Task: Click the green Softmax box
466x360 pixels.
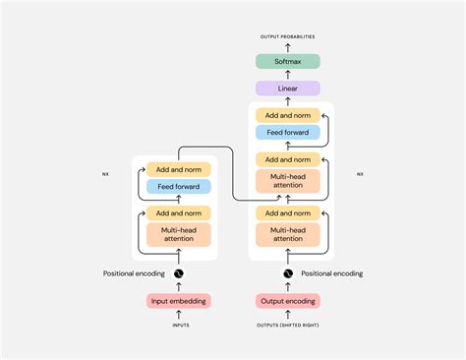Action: tap(288, 61)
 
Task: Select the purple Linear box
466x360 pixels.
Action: tap(288, 89)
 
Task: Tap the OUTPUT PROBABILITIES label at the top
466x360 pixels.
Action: tap(288, 36)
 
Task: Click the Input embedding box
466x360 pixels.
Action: tap(178, 301)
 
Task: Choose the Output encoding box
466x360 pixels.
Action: tap(288, 301)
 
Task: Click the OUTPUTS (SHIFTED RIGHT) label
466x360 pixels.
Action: tap(288, 324)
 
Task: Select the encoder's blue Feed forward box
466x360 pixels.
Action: tap(178, 186)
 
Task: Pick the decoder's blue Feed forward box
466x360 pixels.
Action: tap(288, 132)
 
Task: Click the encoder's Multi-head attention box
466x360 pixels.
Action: tap(178, 233)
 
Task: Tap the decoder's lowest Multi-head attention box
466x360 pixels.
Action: tap(288, 233)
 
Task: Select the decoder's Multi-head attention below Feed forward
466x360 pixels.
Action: tap(288, 179)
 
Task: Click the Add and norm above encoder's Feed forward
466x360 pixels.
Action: tap(178, 169)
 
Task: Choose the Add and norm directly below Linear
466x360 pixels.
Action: tap(288, 115)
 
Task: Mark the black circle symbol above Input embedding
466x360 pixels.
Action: tap(178, 273)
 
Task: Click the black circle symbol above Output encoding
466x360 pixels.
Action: tap(288, 273)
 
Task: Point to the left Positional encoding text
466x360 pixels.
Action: tap(134, 273)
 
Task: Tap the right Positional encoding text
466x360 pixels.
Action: tap(332, 273)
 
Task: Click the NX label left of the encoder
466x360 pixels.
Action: tap(106, 174)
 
